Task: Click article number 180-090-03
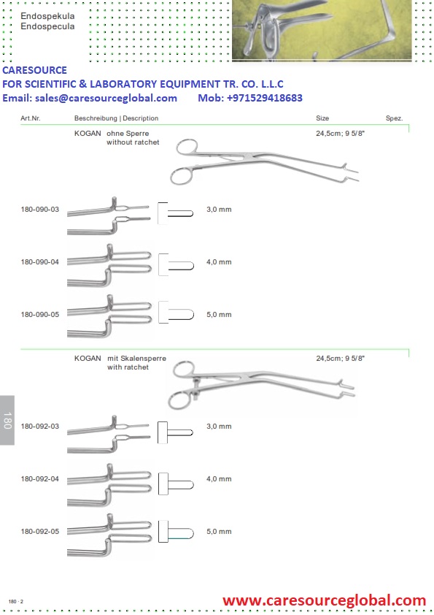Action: point(40,210)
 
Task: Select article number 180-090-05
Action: point(40,315)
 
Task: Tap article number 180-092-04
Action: point(40,479)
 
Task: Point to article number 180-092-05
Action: point(40,532)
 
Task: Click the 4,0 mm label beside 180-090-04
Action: point(219,262)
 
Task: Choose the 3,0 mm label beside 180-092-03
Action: point(219,427)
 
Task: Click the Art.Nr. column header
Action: point(31,118)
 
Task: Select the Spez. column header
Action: point(394,118)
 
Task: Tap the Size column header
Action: point(322,118)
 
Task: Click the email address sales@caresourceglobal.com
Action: point(106,98)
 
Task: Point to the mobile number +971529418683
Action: point(265,98)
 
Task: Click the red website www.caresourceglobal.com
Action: point(325,600)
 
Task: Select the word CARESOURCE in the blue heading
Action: point(34,70)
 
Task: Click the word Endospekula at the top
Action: point(47,16)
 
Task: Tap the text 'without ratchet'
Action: point(133,142)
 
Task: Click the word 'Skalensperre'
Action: point(143,359)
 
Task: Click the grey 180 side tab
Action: point(7,420)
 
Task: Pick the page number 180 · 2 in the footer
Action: point(15,601)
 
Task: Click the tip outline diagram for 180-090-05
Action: point(176,313)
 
